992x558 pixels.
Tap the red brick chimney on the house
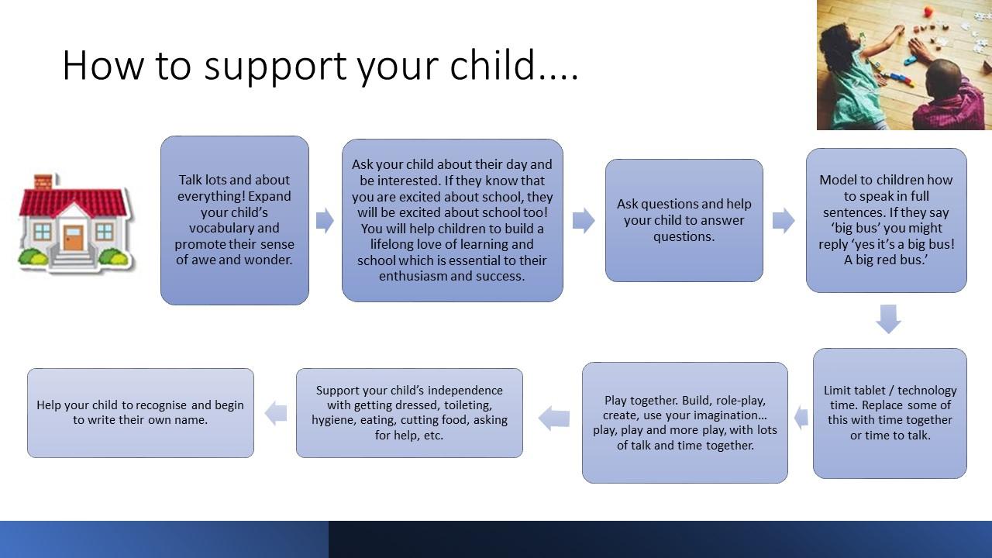tap(43, 181)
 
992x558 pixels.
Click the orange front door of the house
tap(73, 238)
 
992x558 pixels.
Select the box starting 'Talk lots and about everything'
tap(235, 220)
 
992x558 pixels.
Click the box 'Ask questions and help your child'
tap(684, 220)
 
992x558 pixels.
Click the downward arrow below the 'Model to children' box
tap(888, 319)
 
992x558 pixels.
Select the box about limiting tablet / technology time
tap(890, 413)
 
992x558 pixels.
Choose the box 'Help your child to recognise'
tap(140, 413)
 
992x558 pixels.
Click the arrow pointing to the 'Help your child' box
tap(276, 413)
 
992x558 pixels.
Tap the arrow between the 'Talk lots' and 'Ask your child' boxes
tap(325, 220)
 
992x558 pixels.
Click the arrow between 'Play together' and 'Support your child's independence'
tap(554, 418)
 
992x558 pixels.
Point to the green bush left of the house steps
tap(32, 257)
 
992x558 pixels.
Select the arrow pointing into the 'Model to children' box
tap(784, 220)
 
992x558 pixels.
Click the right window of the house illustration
tap(105, 231)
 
